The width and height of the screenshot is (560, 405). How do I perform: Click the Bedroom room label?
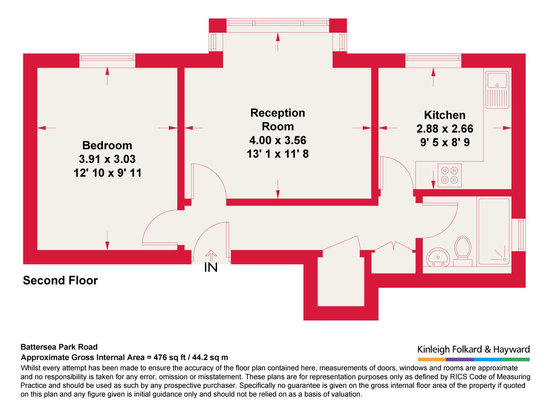click(x=107, y=145)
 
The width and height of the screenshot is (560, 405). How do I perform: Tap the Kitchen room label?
click(x=444, y=115)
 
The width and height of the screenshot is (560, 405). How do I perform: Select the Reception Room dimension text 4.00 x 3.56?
click(x=278, y=140)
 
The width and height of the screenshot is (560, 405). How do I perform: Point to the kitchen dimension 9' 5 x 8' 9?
click(x=444, y=142)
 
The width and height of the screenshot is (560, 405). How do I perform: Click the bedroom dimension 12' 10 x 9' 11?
click(x=107, y=173)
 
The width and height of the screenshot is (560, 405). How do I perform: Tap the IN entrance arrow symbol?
click(x=211, y=255)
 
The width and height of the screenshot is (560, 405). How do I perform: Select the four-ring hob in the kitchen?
click(x=449, y=175)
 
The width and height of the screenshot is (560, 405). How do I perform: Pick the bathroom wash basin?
click(x=438, y=256)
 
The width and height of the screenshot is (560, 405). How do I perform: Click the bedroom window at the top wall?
click(x=107, y=57)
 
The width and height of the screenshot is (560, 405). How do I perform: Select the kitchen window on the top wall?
click(x=433, y=57)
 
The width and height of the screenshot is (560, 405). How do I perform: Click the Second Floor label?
click(x=60, y=281)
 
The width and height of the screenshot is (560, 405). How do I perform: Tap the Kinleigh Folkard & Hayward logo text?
click(x=473, y=349)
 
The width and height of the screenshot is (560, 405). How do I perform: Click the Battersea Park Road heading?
click(x=59, y=347)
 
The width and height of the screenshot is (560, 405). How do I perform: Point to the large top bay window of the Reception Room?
click(x=278, y=25)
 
